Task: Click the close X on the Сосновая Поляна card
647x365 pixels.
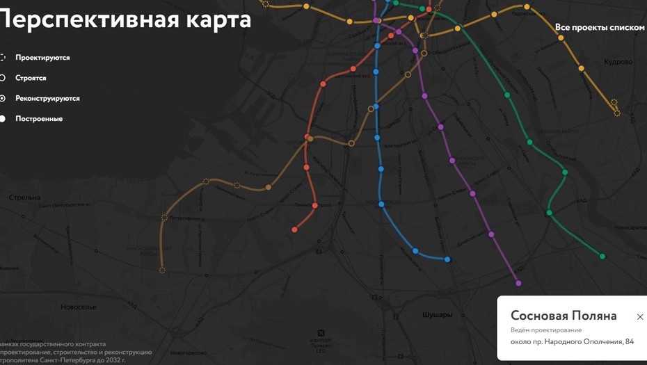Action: [640, 317]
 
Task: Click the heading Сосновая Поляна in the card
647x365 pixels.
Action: [564, 316]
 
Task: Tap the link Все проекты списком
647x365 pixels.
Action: [600, 27]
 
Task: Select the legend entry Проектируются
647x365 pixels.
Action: [42, 58]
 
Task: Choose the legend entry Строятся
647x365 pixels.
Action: [31, 78]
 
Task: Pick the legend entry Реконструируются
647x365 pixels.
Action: [47, 99]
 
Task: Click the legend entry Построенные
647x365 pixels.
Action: [39, 119]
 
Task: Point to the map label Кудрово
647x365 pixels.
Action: [618, 62]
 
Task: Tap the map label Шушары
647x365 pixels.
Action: [437, 315]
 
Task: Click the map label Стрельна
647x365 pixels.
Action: [24, 198]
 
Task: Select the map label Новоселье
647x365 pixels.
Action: [79, 307]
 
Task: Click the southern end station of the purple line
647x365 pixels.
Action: [518, 283]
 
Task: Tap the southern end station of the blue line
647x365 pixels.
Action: [447, 259]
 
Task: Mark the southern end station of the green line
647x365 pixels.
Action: [602, 257]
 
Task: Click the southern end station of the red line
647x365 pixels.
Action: [294, 229]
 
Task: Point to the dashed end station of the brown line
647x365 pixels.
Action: [162, 270]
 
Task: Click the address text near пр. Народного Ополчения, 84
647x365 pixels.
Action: [572, 341]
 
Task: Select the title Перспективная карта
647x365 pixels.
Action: [125, 19]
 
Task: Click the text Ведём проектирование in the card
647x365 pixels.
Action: [546, 330]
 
